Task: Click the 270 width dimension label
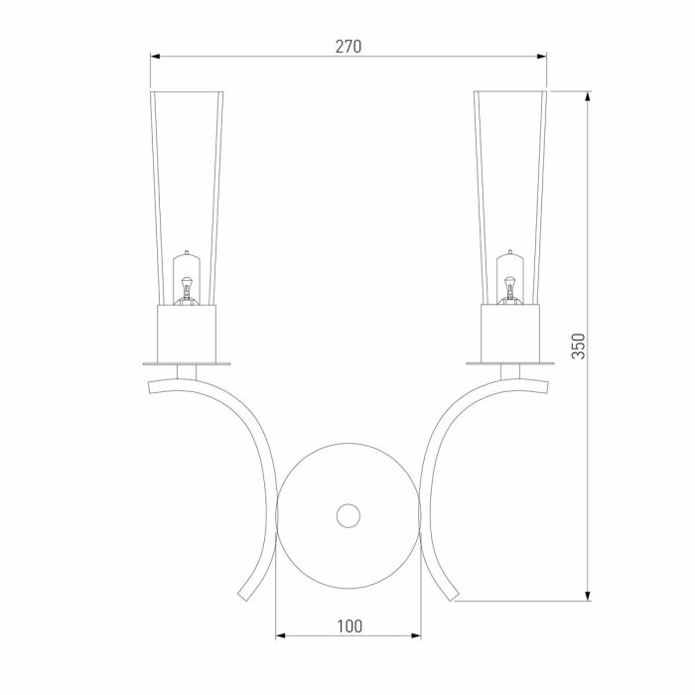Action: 348,47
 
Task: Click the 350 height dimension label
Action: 579,346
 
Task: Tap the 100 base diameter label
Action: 349,626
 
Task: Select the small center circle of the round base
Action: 348,515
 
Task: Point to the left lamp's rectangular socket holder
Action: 187,333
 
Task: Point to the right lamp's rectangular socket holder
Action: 510,333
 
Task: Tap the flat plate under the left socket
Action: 187,364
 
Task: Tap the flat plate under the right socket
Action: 510,364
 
